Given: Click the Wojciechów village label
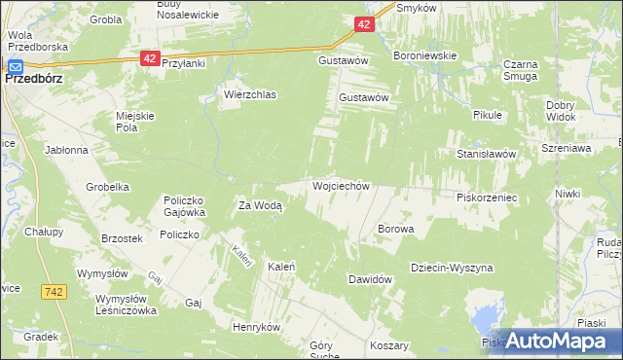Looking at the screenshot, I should pos(340,185).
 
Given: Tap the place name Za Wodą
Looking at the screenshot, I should pos(260,205).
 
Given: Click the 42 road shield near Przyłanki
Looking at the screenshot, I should pos(149,58).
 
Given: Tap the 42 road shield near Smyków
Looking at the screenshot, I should pos(363,24).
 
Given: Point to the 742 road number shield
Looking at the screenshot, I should pos(54,291).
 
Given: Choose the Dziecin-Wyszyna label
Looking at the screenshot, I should pos(452,268).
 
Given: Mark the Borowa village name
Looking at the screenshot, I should pos(396,229).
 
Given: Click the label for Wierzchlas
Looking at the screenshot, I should pos(250,94).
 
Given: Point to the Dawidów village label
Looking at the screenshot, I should pos(370,279).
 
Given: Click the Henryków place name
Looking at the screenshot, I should pos(257,327).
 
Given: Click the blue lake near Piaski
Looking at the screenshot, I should pos(484,318).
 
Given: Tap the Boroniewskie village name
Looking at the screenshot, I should pos(424,55).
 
